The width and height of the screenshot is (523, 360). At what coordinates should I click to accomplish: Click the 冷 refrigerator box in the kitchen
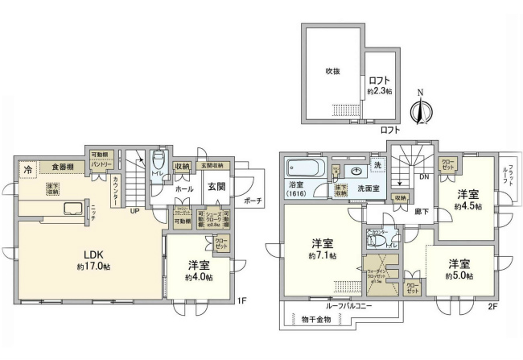[28, 169]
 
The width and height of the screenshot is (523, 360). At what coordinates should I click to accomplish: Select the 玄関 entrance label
[216, 187]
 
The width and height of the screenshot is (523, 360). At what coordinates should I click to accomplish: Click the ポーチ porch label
[253, 201]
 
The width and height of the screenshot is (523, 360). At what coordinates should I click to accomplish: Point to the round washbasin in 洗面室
[355, 171]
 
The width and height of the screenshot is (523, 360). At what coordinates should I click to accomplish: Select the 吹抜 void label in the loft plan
[332, 71]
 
